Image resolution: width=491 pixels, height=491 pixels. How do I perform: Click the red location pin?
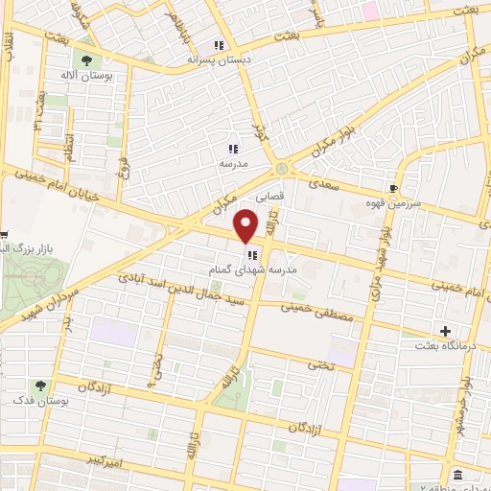coord(246,225)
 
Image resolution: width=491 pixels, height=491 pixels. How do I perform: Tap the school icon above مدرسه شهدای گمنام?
coord(251,255)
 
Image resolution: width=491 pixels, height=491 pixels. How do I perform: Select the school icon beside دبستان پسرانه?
coord(219,44)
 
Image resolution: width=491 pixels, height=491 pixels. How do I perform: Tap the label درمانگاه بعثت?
coord(451,345)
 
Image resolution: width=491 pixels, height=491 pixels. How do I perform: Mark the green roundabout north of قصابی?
coord(280,168)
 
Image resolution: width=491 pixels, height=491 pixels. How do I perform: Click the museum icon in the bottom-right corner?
coord(457,476)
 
